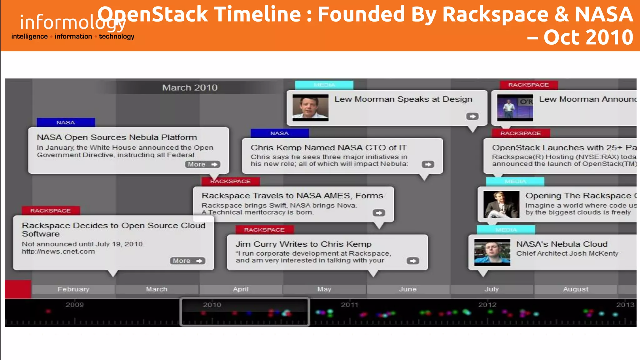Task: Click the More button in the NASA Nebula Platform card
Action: click(202, 164)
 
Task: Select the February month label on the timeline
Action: click(73, 289)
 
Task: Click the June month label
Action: click(407, 289)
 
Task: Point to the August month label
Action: click(575, 289)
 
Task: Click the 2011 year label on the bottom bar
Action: click(349, 305)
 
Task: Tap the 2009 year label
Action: click(74, 305)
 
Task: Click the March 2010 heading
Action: click(190, 88)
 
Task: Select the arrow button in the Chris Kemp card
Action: click(428, 164)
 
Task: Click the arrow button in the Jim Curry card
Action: click(413, 261)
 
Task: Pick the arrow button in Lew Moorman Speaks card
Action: click(472, 116)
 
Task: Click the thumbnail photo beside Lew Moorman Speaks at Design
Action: click(310, 108)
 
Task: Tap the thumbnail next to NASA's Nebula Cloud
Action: click(492, 252)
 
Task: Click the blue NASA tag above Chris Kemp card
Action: click(279, 133)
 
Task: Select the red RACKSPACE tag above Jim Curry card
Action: click(264, 230)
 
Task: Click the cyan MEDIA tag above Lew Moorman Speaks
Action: click(324, 85)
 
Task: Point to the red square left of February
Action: click(18, 289)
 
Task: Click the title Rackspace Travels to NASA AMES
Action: click(292, 196)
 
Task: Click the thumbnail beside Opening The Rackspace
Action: click(501, 204)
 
